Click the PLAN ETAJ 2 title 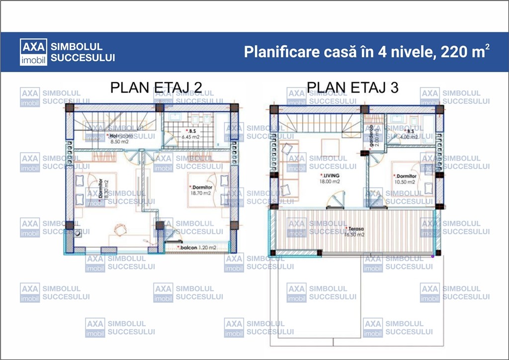tap(156, 88)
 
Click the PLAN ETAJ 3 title tap(352, 88)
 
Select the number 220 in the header tap(450, 52)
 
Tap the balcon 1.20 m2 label tap(198, 247)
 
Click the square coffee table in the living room tap(330, 148)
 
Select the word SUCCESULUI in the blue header tap(83, 58)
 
